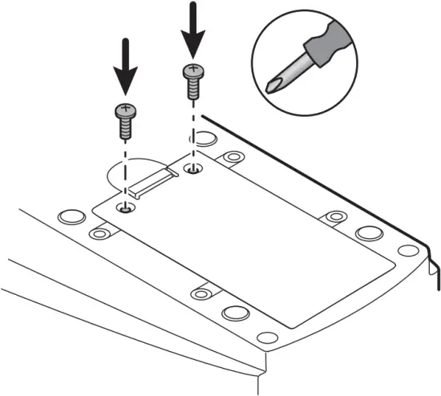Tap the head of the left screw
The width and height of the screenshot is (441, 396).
click(x=125, y=109)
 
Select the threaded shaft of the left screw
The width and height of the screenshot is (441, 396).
click(x=125, y=126)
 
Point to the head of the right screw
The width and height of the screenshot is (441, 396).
click(x=191, y=71)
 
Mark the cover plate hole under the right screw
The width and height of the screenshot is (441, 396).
click(x=192, y=169)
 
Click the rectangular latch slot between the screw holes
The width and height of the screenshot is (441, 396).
click(x=153, y=182)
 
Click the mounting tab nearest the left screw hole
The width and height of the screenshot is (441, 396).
click(x=99, y=233)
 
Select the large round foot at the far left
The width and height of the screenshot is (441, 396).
click(x=70, y=216)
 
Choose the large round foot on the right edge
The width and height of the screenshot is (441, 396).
click(x=368, y=233)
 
